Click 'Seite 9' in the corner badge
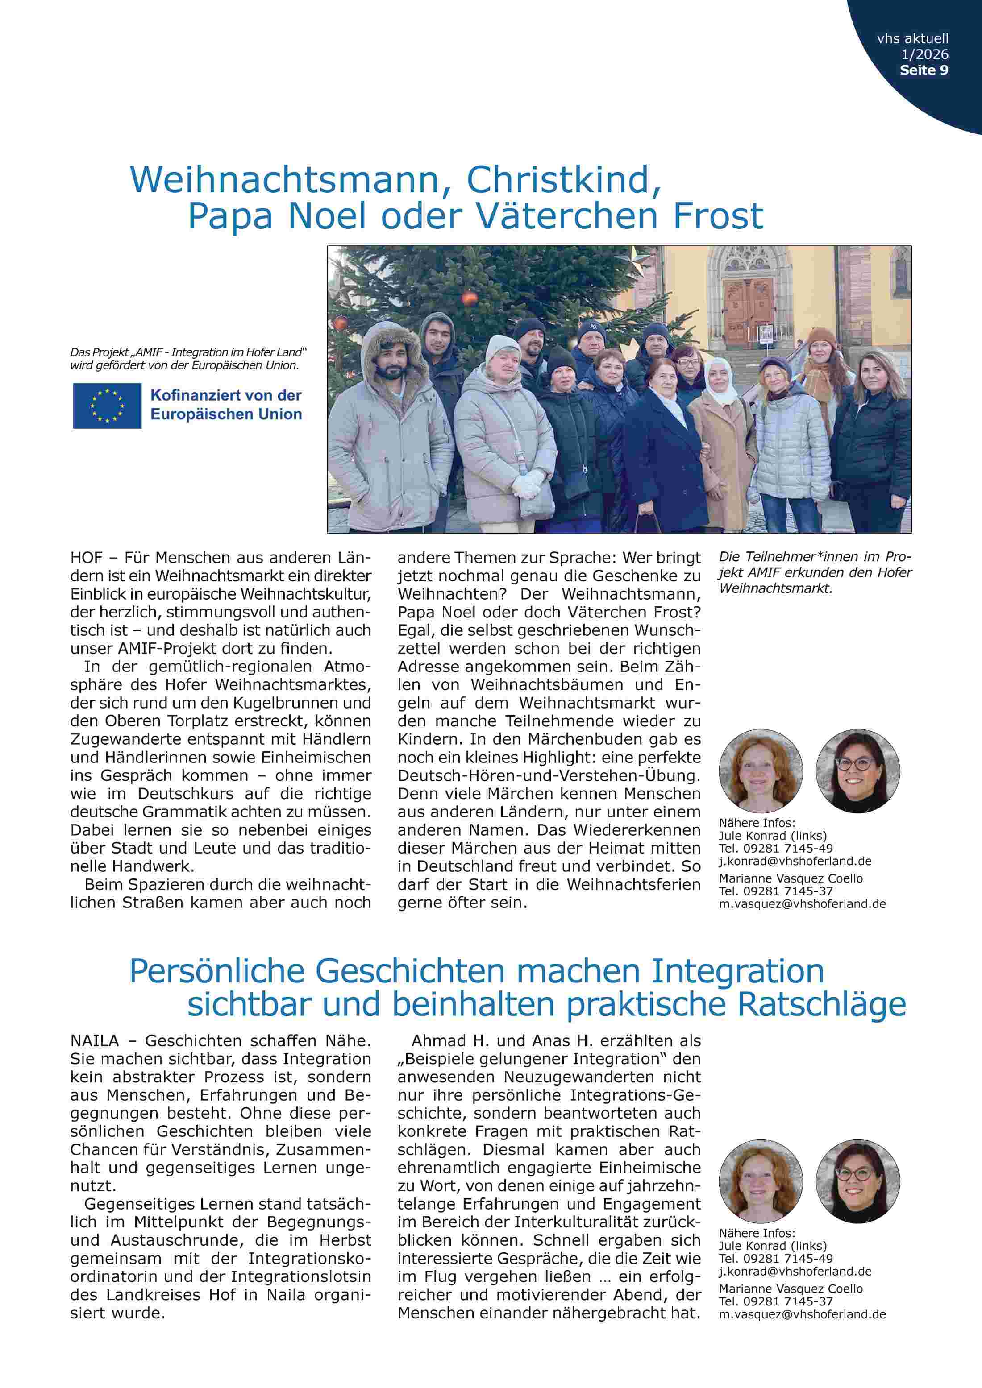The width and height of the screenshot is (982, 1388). tap(924, 70)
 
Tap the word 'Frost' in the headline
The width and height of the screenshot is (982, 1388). tap(718, 216)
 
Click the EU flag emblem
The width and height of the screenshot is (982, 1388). tap(107, 406)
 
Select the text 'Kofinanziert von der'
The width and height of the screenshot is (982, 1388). tap(225, 396)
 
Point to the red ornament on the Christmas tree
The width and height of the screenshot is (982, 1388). tap(469, 298)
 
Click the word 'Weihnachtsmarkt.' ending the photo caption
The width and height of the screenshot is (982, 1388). tap(775, 588)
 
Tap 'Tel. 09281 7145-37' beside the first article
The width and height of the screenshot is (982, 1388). tap(775, 891)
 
